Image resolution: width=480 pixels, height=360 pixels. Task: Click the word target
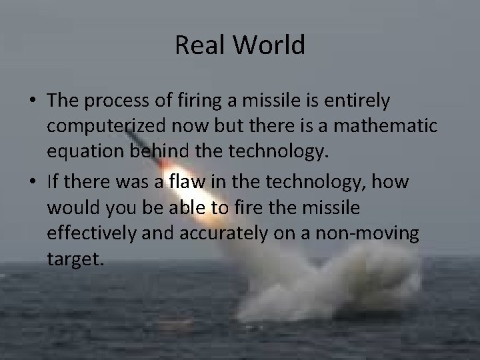point(75,258)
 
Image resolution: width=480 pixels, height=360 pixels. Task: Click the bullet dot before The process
point(31,102)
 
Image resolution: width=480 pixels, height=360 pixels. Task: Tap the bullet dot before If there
point(31,181)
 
